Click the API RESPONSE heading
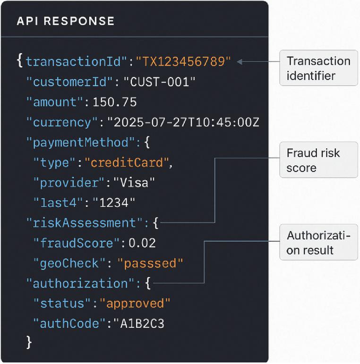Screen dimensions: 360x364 click(x=66, y=21)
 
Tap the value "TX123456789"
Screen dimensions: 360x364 click(x=183, y=61)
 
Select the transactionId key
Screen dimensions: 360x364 click(x=76, y=61)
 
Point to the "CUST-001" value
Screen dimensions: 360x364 click(x=160, y=82)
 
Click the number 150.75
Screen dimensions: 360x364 click(x=115, y=102)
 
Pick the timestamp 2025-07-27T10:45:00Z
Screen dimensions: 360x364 click(x=183, y=122)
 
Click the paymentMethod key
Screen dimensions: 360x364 click(x=81, y=142)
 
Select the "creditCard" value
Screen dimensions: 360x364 click(x=127, y=162)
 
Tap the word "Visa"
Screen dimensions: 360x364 click(x=134, y=183)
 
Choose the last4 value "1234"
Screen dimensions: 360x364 click(x=114, y=203)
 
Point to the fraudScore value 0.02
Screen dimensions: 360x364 click(x=142, y=243)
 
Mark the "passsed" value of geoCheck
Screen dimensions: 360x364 click(x=150, y=263)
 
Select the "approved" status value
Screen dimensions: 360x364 click(x=135, y=304)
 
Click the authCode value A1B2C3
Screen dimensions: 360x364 click(x=139, y=323)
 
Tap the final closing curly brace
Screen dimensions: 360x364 click(x=29, y=342)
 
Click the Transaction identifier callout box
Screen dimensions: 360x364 click(x=318, y=68)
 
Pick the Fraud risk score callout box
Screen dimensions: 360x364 click(x=318, y=160)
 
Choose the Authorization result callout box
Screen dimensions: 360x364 click(x=318, y=242)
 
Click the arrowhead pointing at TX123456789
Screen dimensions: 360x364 click(x=240, y=61)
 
